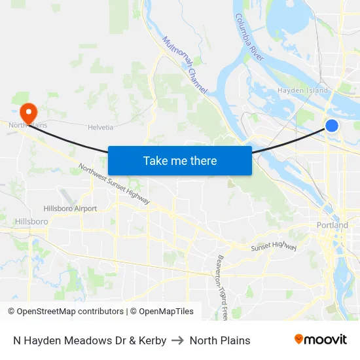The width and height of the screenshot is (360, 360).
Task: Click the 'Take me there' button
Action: tap(180, 160)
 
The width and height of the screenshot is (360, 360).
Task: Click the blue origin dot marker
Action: tap(332, 126)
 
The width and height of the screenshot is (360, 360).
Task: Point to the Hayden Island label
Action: tap(302, 90)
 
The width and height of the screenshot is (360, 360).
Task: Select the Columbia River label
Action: tap(249, 38)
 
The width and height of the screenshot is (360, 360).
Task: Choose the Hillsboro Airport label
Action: tap(70, 209)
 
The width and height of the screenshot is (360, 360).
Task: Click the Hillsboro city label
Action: tap(31, 222)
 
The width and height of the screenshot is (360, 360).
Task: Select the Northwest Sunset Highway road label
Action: tap(114, 184)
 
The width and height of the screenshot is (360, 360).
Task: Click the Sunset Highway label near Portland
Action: tap(274, 247)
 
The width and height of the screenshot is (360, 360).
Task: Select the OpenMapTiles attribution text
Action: tap(162, 312)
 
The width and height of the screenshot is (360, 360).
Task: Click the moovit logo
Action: tap(320, 340)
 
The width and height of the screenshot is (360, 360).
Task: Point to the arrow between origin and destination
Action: tap(178, 340)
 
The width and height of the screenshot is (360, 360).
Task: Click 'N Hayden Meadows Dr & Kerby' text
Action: tap(90, 340)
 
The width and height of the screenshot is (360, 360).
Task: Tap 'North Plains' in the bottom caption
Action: tap(220, 340)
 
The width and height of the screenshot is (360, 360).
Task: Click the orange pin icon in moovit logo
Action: tap(299, 339)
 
